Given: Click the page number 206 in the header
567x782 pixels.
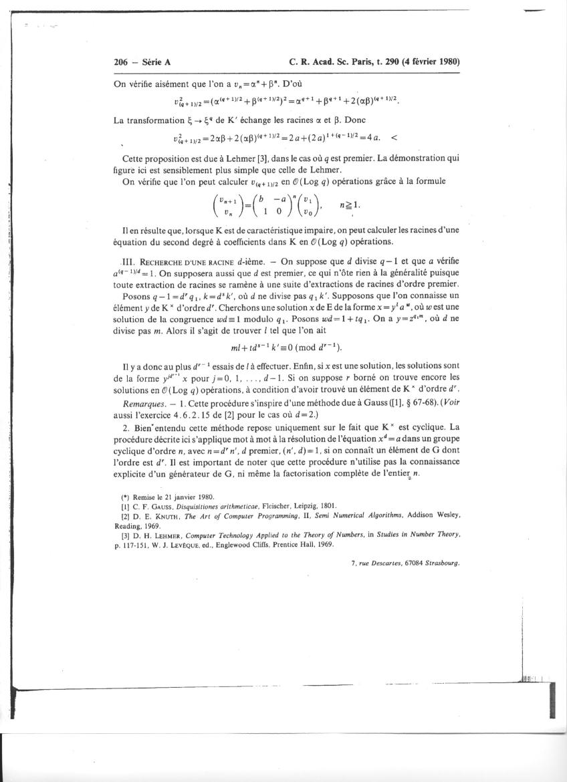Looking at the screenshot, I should pyautogui.click(x=121, y=62).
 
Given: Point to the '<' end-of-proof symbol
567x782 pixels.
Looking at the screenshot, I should pyautogui.click(x=393, y=138).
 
